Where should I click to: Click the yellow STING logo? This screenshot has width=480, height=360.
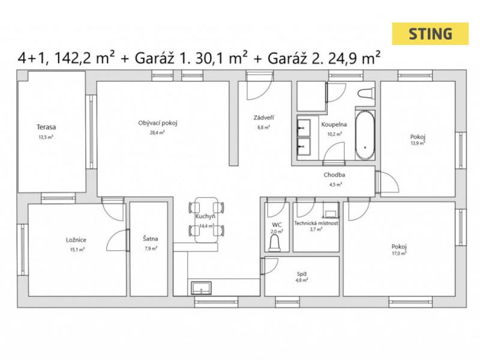tap(430, 34)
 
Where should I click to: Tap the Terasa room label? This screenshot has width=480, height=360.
tap(46, 127)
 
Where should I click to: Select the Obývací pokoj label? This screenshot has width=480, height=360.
tap(158, 123)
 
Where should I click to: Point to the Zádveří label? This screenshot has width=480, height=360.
tap(263, 118)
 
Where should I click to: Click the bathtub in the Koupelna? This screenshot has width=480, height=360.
tap(365, 134)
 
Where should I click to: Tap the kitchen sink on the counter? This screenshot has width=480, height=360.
tap(201, 288)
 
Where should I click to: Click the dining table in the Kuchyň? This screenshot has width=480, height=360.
tap(206, 220)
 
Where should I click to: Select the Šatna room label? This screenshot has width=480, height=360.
tap(151, 238)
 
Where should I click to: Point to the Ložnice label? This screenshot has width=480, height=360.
tap(76, 239)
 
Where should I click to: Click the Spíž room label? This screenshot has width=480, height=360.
tap(302, 274)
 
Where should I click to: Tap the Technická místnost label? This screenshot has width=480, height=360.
tap(316, 223)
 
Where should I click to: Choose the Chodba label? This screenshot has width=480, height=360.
tap(334, 175)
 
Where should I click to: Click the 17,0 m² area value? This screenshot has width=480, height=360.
tap(399, 253)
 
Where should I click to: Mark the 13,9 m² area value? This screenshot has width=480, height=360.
tap(418, 143)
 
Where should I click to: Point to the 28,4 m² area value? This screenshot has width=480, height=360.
tap(157, 133)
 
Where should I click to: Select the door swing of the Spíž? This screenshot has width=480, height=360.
tap(270, 266)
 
